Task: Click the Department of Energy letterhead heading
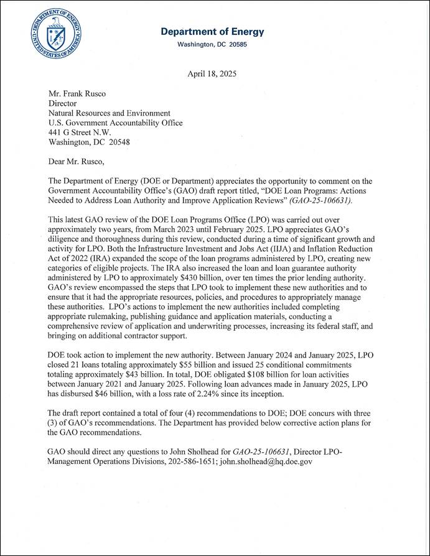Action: click(212, 32)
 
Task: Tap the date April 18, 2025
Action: click(212, 73)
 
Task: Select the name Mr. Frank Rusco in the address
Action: click(78, 93)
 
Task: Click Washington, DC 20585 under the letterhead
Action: click(212, 45)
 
